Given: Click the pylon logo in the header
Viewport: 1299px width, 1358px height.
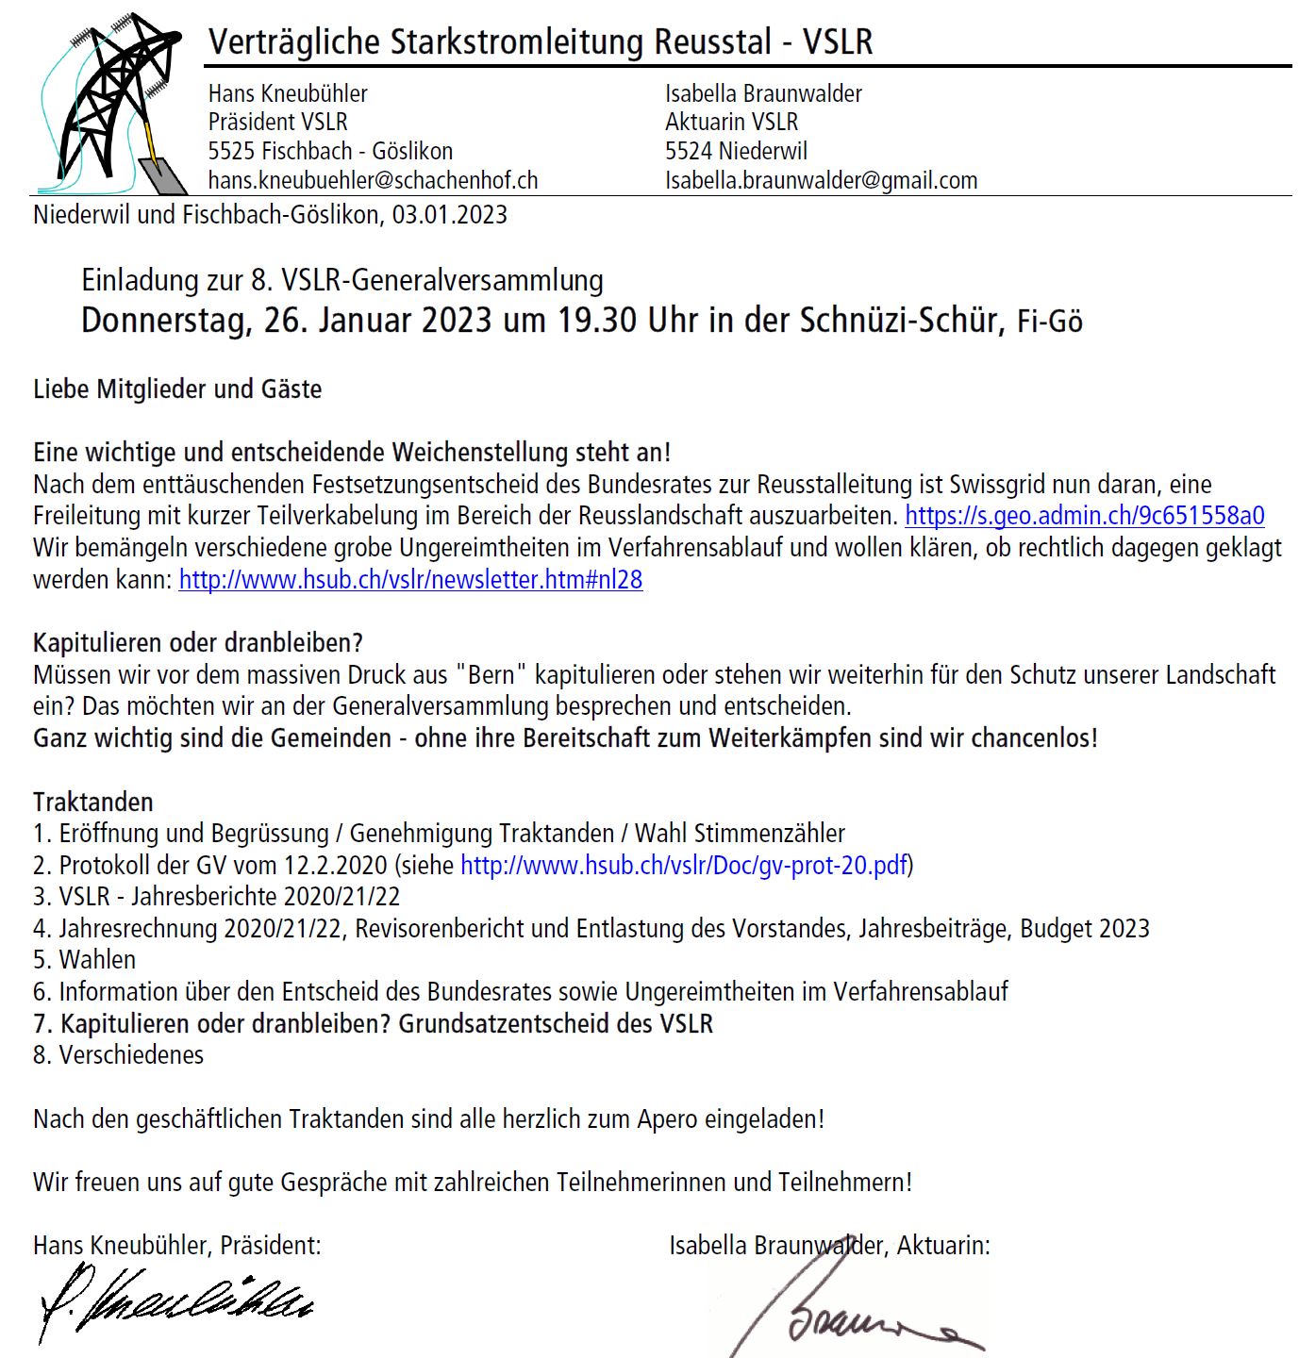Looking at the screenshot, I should coord(108,102).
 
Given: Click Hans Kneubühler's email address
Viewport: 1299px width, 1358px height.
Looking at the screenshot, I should coord(373,180).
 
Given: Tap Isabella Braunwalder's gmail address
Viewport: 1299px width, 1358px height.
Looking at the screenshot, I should coord(821,180).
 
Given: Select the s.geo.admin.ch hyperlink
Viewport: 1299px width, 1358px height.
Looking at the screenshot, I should coord(1084,516).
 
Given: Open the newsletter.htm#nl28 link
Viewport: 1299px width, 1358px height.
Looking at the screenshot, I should coord(410,579).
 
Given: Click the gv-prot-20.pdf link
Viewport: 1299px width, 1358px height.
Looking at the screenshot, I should coord(683,865).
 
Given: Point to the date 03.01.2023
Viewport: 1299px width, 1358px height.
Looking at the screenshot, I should coord(450,215).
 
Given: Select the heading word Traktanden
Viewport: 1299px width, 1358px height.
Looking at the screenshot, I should coord(92,802).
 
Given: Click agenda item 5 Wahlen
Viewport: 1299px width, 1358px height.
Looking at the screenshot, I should coord(85,960).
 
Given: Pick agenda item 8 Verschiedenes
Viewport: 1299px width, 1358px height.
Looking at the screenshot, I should coord(119,1055).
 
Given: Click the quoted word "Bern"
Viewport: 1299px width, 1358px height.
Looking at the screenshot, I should coord(488,675).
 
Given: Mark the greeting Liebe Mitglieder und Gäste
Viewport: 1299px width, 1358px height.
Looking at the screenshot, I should coord(177,389).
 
